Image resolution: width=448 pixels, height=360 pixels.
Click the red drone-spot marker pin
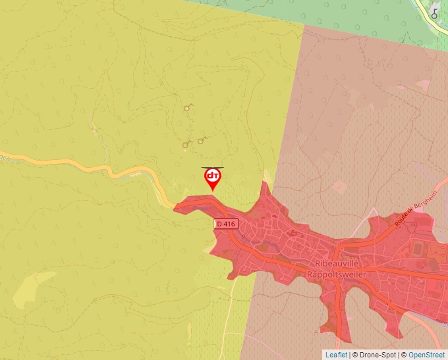(x=212, y=178)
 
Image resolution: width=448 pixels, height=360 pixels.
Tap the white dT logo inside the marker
(x=212, y=176)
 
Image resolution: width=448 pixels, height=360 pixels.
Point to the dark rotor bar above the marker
(x=212, y=167)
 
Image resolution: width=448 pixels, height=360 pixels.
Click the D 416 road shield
(x=225, y=224)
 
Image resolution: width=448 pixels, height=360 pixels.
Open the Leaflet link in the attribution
(x=336, y=355)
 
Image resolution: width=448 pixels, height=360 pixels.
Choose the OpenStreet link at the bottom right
(x=428, y=355)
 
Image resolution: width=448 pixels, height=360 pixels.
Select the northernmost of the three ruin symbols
(x=189, y=107)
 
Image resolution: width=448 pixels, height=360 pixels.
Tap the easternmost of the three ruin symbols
(x=202, y=140)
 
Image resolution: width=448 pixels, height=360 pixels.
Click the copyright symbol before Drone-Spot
(x=355, y=355)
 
